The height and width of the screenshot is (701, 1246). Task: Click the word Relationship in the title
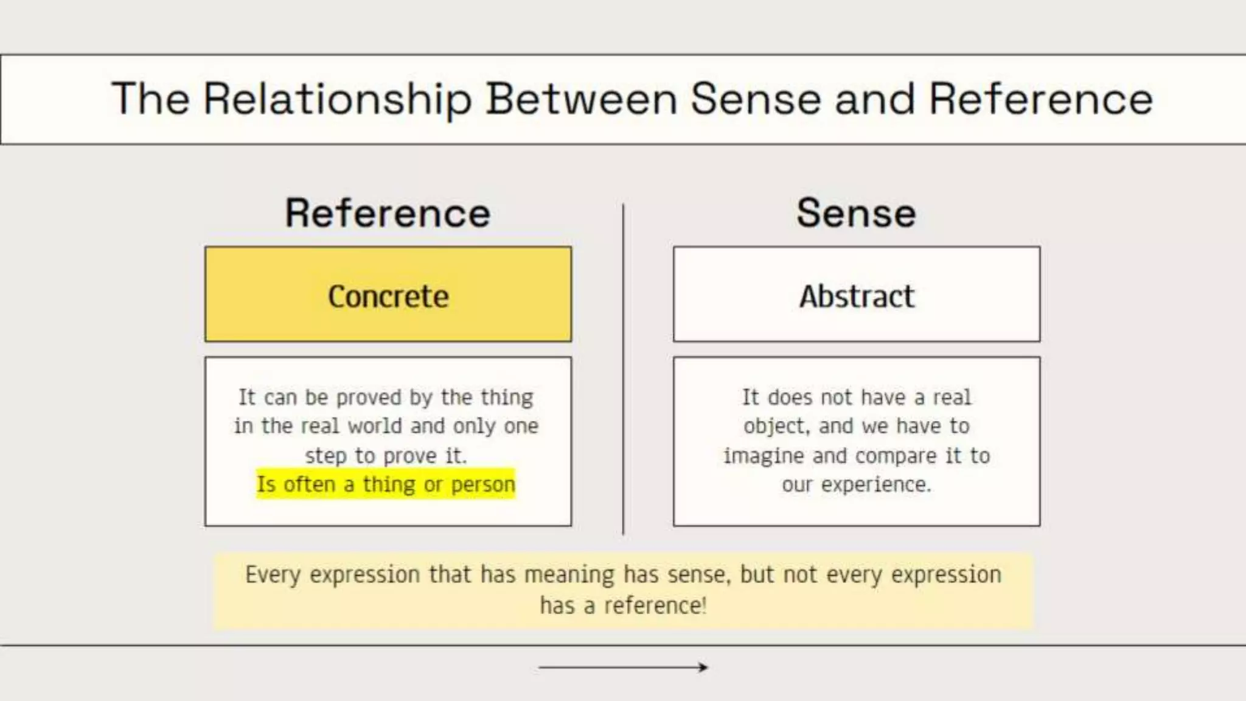(x=337, y=99)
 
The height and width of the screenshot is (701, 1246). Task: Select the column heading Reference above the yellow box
(x=388, y=214)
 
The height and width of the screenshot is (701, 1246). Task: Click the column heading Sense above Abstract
(x=856, y=214)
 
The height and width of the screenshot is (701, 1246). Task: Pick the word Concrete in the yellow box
(x=388, y=297)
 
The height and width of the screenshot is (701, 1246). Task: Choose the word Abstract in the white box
(x=857, y=297)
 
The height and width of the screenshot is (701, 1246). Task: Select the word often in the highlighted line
(x=309, y=484)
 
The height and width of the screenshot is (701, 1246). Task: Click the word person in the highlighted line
(x=483, y=485)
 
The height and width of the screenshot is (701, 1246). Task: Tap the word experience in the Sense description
(x=875, y=485)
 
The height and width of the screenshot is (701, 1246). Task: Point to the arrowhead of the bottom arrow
(x=703, y=668)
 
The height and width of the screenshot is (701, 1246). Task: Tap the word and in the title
(x=875, y=99)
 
